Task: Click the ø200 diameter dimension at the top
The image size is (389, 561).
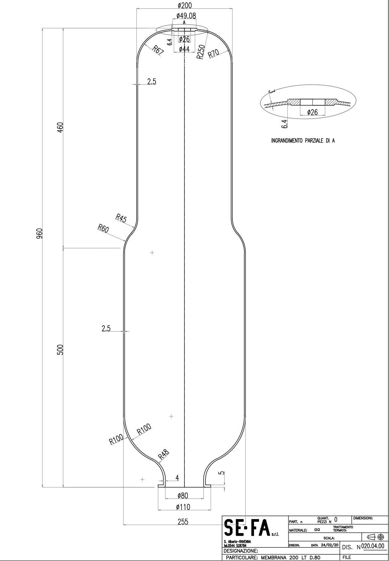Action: (185, 5)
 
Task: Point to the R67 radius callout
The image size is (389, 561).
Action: (158, 51)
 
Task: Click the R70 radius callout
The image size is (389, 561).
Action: (213, 53)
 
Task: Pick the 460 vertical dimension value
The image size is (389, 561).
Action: (60, 127)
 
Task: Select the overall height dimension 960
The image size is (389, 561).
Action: (40, 233)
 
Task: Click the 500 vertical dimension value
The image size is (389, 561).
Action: (60, 350)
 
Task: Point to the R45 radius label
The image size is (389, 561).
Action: (121, 218)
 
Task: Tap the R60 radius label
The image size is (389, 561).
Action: (103, 229)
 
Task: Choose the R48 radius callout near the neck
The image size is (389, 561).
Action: (163, 454)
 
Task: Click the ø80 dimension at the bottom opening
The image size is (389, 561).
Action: (183, 496)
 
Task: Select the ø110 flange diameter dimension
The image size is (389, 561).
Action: (183, 507)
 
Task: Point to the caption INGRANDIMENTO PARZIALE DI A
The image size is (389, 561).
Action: (303, 141)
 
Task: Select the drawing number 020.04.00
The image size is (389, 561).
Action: (372, 546)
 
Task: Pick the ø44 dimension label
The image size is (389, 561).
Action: (184, 49)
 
